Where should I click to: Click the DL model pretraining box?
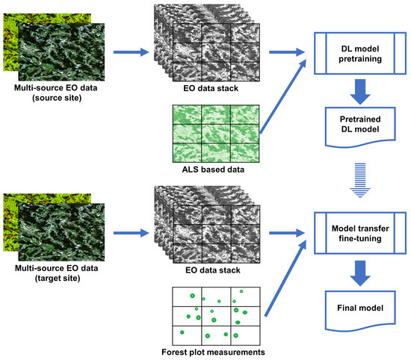click(x=356, y=54)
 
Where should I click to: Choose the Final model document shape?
click(x=356, y=306)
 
